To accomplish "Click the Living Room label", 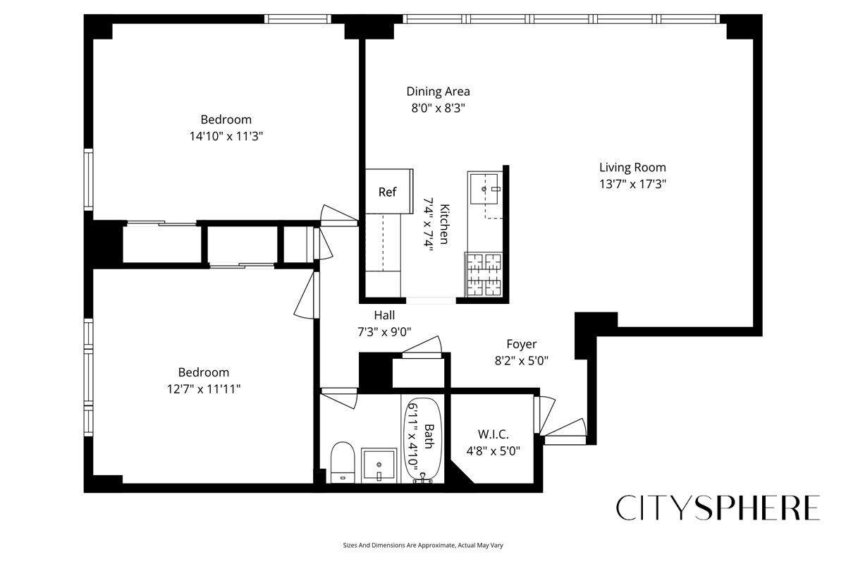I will point(632,168).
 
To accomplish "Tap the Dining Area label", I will point(438,92).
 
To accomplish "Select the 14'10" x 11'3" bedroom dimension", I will point(226,136).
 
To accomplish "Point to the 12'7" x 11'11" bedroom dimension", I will point(203,388).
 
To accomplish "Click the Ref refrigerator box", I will point(387,192).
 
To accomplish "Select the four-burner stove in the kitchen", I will point(484,275).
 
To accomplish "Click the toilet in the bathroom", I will point(342,462).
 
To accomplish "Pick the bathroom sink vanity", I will point(380,465).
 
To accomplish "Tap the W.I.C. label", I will point(493,434).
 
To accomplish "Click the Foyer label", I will point(521,344).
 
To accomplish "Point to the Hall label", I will point(384,315).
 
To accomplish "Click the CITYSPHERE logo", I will point(718,508).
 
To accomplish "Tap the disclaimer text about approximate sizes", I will point(422,545).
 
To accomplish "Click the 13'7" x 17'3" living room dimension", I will point(632,184).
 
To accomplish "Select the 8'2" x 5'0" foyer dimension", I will point(521,360).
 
